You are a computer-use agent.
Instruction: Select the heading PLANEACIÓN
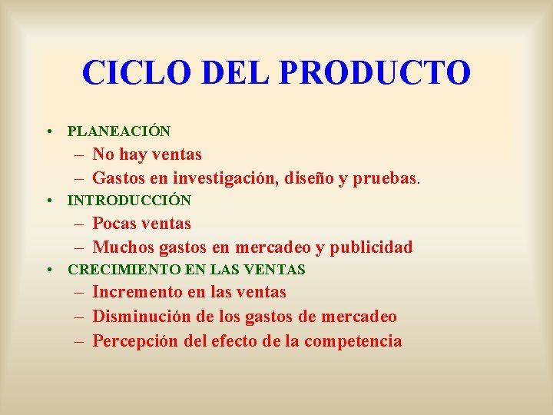[119, 132]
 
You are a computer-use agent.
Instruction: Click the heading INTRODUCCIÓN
[129, 201]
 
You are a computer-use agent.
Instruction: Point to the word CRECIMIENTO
[114, 270]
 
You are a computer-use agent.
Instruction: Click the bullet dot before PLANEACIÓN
[49, 132]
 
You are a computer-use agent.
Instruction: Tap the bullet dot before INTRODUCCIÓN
[49, 201]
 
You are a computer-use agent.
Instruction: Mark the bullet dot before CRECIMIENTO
[49, 270]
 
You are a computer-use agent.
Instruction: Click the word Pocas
[116, 224]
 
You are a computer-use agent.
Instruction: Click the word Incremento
[136, 292]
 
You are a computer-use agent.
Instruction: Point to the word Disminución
[142, 317]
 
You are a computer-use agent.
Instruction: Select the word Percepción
[137, 341]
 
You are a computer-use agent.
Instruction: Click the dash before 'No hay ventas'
[80, 155]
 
